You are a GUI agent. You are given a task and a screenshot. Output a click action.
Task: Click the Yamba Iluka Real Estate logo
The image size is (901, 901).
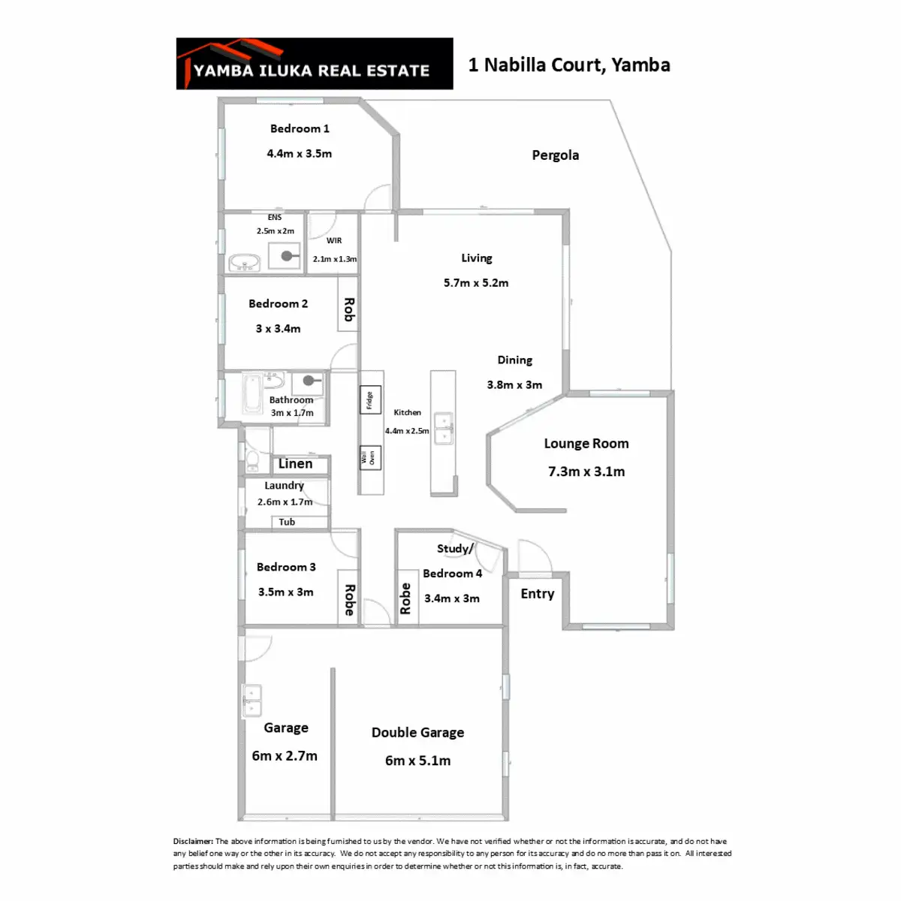pyautogui.click(x=314, y=65)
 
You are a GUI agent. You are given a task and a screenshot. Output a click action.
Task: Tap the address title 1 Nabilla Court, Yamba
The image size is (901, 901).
pyautogui.click(x=569, y=65)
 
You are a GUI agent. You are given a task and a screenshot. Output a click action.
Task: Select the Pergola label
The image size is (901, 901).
pyautogui.click(x=555, y=155)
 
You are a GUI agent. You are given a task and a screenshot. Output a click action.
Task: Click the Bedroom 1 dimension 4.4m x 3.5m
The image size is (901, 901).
pyautogui.click(x=299, y=153)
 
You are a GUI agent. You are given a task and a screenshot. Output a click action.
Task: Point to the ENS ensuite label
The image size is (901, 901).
pyautogui.click(x=275, y=217)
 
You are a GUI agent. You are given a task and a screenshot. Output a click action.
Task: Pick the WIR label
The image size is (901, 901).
pyautogui.click(x=334, y=241)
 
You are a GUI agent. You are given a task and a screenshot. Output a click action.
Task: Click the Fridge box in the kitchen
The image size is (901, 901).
pyautogui.click(x=370, y=400)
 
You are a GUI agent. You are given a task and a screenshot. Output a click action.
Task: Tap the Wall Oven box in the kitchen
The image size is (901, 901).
pyautogui.click(x=369, y=457)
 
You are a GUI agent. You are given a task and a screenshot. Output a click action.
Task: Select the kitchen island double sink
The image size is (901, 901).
pyautogui.click(x=443, y=428)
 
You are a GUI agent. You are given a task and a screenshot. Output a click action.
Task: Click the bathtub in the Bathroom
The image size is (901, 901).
pyautogui.click(x=252, y=395)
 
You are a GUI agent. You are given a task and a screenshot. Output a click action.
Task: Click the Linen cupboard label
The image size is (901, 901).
pyautogui.click(x=295, y=464)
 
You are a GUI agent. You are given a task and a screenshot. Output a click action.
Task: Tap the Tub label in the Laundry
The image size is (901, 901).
pyautogui.click(x=287, y=522)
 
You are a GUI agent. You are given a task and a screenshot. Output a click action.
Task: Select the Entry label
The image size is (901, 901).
pyautogui.click(x=538, y=594)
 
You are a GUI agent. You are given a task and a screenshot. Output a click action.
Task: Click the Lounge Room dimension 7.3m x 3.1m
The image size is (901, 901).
pyautogui.click(x=586, y=472)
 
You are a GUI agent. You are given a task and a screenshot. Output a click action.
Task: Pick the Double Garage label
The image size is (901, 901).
pyautogui.click(x=417, y=733)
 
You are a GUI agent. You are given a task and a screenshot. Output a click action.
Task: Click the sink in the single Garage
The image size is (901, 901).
pyautogui.click(x=252, y=700)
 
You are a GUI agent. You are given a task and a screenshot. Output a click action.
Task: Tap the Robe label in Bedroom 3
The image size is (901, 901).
pyautogui.click(x=349, y=600)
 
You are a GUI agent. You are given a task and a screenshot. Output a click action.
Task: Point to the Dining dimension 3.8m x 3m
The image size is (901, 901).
pyautogui.click(x=514, y=385)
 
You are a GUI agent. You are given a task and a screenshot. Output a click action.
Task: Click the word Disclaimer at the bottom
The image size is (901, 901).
pyautogui.click(x=193, y=842)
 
